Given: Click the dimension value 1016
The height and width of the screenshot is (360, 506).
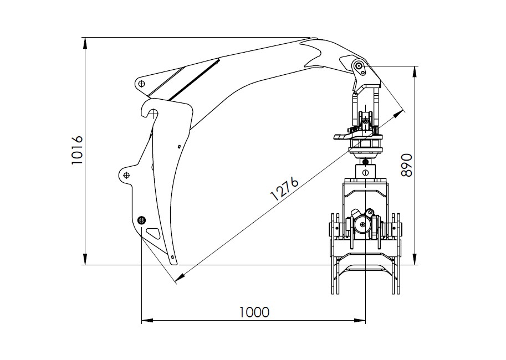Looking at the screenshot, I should [77, 150].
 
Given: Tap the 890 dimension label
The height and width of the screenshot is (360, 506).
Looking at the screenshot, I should [407, 164].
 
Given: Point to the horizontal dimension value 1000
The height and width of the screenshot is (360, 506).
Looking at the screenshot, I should [254, 312].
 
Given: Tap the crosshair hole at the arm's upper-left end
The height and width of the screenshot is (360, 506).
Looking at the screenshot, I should [142, 84].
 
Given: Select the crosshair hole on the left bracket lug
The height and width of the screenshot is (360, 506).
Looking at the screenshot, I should [126, 176].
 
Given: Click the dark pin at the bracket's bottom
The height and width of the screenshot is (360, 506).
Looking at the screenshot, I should [142, 220].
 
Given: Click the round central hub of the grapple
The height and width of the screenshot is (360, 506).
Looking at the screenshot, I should [362, 224].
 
